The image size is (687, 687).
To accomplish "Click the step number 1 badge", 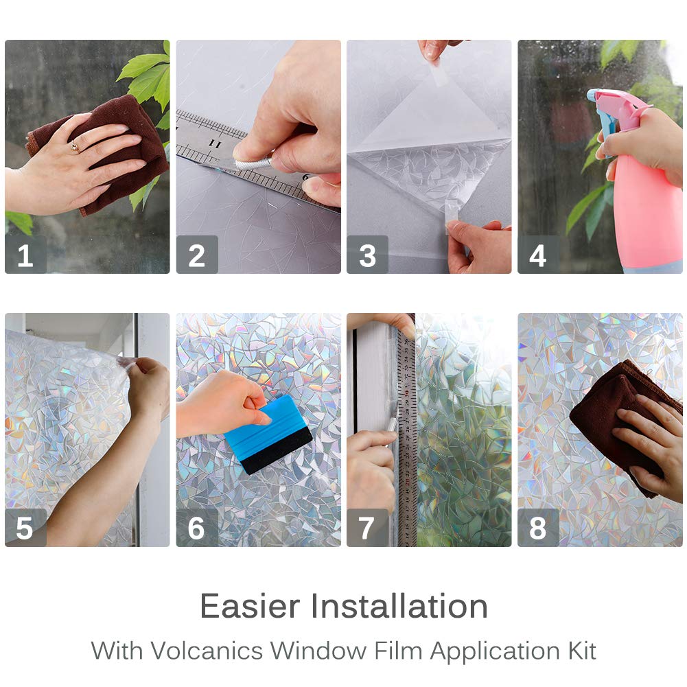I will (25, 255).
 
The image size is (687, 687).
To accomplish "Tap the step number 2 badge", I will (196, 255).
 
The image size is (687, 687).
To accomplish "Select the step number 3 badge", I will (367, 255).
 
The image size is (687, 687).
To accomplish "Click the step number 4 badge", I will (538, 255).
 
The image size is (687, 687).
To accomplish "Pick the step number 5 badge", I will (25, 528).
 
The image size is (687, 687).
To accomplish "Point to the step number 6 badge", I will (196, 528).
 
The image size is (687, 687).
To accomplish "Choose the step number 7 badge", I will (367, 528).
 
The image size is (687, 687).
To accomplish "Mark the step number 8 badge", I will (538, 528).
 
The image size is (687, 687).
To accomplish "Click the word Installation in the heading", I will (399, 607).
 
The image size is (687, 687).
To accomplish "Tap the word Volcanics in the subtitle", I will (209, 650).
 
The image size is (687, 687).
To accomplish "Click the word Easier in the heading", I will (251, 607).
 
